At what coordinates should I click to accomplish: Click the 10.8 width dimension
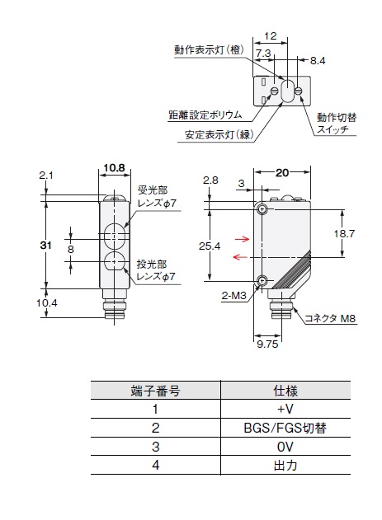point(114,168)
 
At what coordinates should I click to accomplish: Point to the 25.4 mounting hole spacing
point(210,246)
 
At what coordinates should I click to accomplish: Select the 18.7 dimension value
point(344,233)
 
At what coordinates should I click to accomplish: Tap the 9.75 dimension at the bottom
point(267,344)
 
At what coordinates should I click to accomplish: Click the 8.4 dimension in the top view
point(318,61)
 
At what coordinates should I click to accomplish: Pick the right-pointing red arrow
point(242,239)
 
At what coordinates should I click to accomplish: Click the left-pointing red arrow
point(241,256)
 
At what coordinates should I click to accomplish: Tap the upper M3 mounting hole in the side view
point(262,209)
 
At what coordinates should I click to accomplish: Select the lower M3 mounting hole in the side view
point(262,281)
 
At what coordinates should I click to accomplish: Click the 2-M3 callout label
point(234,296)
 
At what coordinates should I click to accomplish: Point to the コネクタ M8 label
point(330,319)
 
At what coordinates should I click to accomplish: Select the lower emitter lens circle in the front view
point(115,262)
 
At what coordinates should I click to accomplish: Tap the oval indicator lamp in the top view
point(286,90)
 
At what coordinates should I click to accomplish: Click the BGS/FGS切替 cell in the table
point(285,428)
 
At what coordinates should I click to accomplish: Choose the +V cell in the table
point(285,409)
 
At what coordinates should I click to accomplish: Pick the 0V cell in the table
point(285,447)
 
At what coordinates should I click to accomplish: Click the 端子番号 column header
point(156,391)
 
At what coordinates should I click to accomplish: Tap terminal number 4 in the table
point(156,466)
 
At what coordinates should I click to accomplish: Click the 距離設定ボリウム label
point(205,115)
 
